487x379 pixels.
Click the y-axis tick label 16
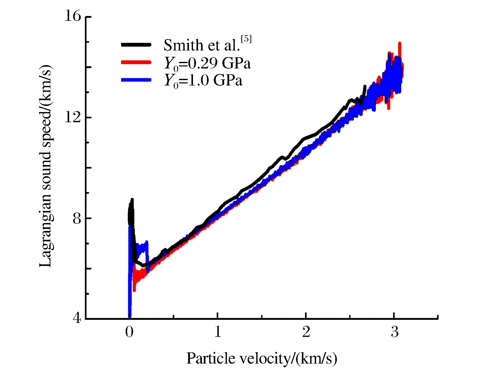pos(73,16)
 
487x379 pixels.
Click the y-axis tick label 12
pos(73,117)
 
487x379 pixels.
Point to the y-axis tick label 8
pos(76,218)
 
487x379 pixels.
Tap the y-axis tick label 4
pos(77,318)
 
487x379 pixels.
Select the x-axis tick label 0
pos(129,332)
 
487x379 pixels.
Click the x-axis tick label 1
pos(218,332)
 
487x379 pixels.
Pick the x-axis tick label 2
pos(306,332)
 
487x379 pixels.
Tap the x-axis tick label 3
pos(395,332)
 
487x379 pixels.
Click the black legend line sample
pos(136,45)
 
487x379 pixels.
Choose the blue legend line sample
pos(136,80)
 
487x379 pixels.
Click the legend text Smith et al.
pos(201,45)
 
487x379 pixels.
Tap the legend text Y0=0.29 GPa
pos(207,63)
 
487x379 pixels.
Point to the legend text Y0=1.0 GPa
pos(203,81)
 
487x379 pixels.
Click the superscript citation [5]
pos(246,39)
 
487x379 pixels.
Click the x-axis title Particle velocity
pos(262,358)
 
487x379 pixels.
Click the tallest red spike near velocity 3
pos(400,44)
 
